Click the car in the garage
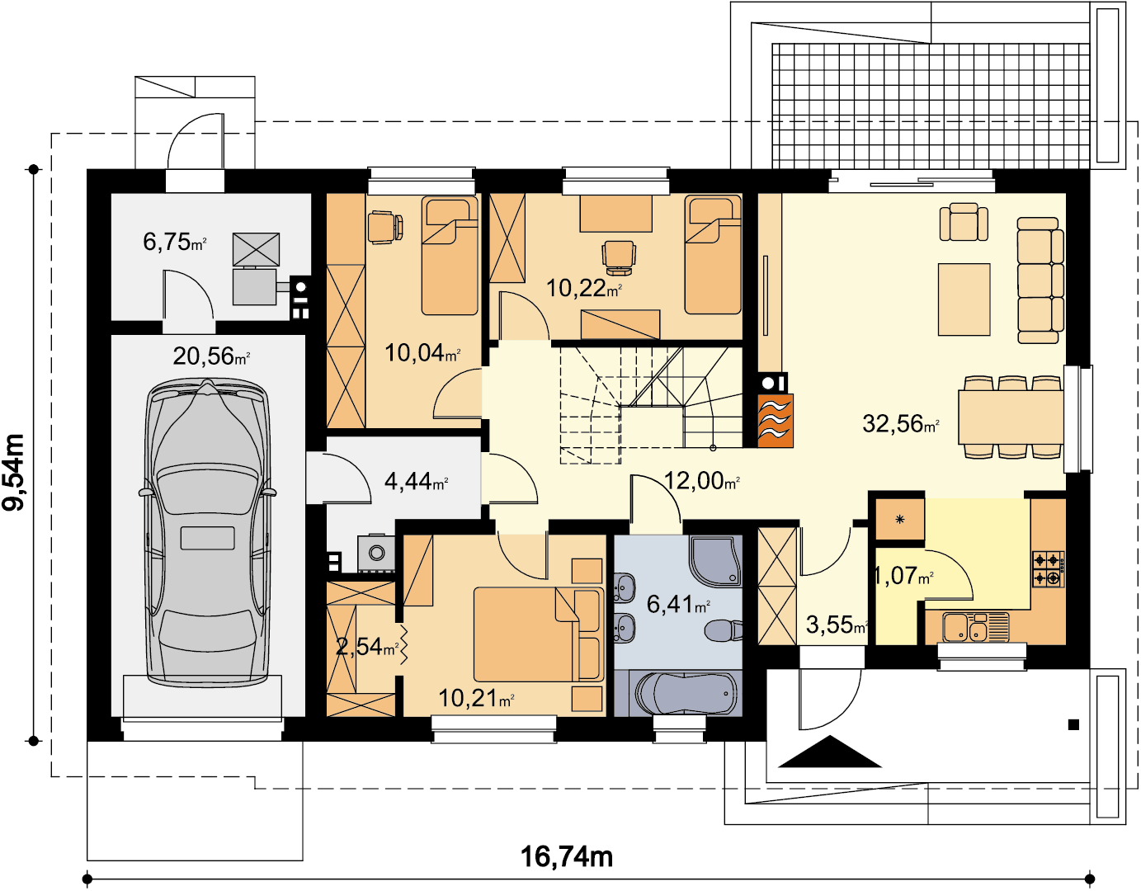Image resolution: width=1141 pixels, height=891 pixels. (207, 532)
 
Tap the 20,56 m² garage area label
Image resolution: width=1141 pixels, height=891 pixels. (211, 356)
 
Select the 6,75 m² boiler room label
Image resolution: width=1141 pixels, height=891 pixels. (174, 242)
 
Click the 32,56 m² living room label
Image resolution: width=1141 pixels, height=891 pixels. (901, 423)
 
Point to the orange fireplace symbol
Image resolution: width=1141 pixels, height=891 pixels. (775, 420)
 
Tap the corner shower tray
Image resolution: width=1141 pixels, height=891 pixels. (716, 561)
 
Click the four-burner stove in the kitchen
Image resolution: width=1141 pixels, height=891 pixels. (1049, 569)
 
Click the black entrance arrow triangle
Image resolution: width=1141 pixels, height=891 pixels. (830, 752)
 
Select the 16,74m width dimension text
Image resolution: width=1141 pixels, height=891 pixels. (567, 857)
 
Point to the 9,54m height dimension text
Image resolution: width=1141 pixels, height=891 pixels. (14, 472)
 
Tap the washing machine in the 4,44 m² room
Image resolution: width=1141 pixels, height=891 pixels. (376, 553)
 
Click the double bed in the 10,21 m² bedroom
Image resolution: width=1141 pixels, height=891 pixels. (538, 634)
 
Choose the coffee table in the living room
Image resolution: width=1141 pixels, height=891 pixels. (964, 299)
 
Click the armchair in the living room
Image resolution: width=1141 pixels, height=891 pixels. (964, 222)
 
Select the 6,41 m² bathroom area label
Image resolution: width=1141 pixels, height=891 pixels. (678, 605)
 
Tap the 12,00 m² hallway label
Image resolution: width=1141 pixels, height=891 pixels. (701, 480)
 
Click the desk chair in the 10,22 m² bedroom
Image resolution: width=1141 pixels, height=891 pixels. (619, 257)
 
